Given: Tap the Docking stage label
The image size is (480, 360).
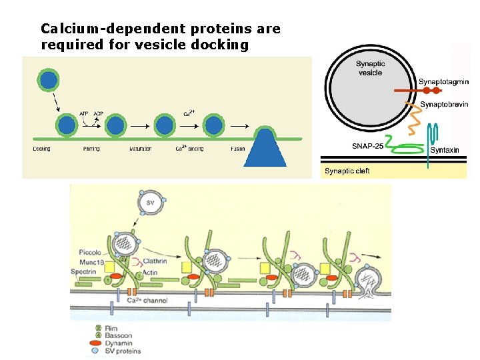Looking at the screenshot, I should (41, 149).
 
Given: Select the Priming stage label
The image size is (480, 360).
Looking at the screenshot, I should (91, 149).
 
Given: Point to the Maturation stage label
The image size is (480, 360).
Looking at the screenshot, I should (141, 149).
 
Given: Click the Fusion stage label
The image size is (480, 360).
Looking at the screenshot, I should (238, 149).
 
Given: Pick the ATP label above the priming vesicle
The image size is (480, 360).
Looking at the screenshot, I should (84, 113).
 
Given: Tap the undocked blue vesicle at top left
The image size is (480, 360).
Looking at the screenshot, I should (49, 81).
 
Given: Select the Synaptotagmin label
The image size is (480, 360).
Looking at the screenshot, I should (443, 82).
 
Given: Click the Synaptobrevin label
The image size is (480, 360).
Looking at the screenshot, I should (444, 105).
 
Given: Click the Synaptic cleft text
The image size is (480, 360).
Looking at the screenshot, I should (347, 171).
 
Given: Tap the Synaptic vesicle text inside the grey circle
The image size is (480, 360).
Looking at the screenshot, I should (370, 68).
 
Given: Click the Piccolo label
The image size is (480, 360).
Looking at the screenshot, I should (89, 253).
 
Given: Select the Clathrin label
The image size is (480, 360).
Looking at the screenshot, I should (155, 261).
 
